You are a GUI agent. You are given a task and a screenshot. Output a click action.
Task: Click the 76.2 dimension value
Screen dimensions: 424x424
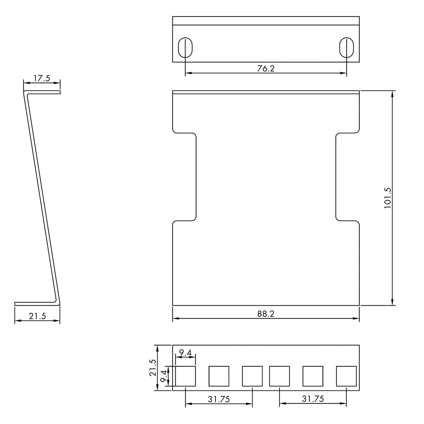pyautogui.click(x=266, y=69)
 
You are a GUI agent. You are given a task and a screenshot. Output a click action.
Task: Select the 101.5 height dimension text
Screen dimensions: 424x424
pyautogui.click(x=388, y=198)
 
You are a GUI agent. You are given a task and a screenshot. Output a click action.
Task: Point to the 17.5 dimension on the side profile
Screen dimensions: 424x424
pyautogui.click(x=42, y=78)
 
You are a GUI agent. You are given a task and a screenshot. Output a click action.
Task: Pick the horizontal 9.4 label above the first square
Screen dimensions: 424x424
pyautogui.click(x=185, y=352)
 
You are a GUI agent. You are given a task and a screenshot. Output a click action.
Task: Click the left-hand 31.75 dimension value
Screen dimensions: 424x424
pyautogui.click(x=219, y=399)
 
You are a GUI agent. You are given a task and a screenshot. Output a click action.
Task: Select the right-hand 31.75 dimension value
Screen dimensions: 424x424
pyautogui.click(x=313, y=399)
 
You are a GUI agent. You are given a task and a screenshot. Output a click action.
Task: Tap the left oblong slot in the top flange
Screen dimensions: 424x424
pyautogui.click(x=185, y=47)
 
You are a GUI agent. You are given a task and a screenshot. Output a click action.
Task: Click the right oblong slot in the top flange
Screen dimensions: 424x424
pyautogui.click(x=347, y=47)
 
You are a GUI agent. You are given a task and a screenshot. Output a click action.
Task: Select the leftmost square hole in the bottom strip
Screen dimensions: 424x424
pyautogui.click(x=185, y=376)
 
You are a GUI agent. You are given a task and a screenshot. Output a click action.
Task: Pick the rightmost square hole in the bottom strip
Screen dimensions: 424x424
pyautogui.click(x=346, y=376)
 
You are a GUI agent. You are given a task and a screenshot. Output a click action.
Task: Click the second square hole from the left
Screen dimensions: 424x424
pyautogui.click(x=219, y=376)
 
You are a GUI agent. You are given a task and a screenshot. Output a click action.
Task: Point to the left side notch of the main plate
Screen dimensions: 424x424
pyautogui.click(x=184, y=177)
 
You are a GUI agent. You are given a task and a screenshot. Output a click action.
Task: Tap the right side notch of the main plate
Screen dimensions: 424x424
pyautogui.click(x=347, y=177)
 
